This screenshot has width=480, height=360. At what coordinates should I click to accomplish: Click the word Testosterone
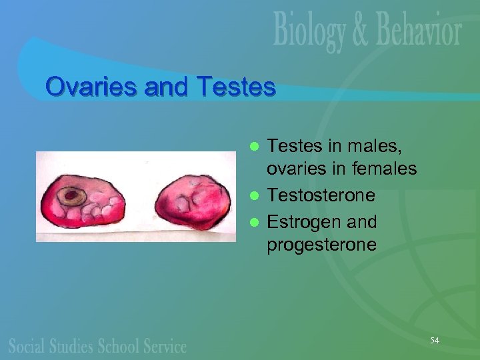point(321,195)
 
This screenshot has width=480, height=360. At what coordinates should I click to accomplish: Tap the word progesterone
point(321,245)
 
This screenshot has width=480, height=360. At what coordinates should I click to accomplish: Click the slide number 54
point(435,341)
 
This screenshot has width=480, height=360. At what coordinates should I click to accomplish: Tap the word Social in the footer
point(27,346)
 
